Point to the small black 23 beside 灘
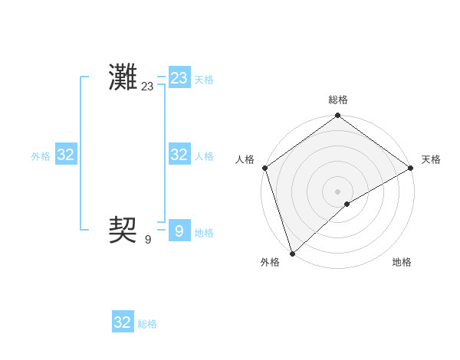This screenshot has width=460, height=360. point(147,87)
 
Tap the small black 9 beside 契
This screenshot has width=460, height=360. point(148,240)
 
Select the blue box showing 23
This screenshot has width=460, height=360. point(179,78)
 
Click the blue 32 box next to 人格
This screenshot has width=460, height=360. point(179,155)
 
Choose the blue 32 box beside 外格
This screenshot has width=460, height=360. point(66,155)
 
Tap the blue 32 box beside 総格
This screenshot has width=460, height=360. point(123,322)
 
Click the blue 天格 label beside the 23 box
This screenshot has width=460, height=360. point(204,80)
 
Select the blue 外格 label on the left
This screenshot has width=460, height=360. point(41,156)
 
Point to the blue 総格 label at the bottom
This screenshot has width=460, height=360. point(147,324)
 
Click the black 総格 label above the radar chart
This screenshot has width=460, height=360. point(338,100)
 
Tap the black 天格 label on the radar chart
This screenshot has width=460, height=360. point(431,159)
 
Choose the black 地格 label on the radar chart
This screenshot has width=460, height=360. point(402,262)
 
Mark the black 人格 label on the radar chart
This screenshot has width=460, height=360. point(245,159)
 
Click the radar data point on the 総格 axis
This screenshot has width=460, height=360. point(338,116)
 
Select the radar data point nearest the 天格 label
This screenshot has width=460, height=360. point(410,168)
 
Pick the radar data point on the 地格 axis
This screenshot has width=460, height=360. point(347,204)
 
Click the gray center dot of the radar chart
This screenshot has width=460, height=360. point(338,191)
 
